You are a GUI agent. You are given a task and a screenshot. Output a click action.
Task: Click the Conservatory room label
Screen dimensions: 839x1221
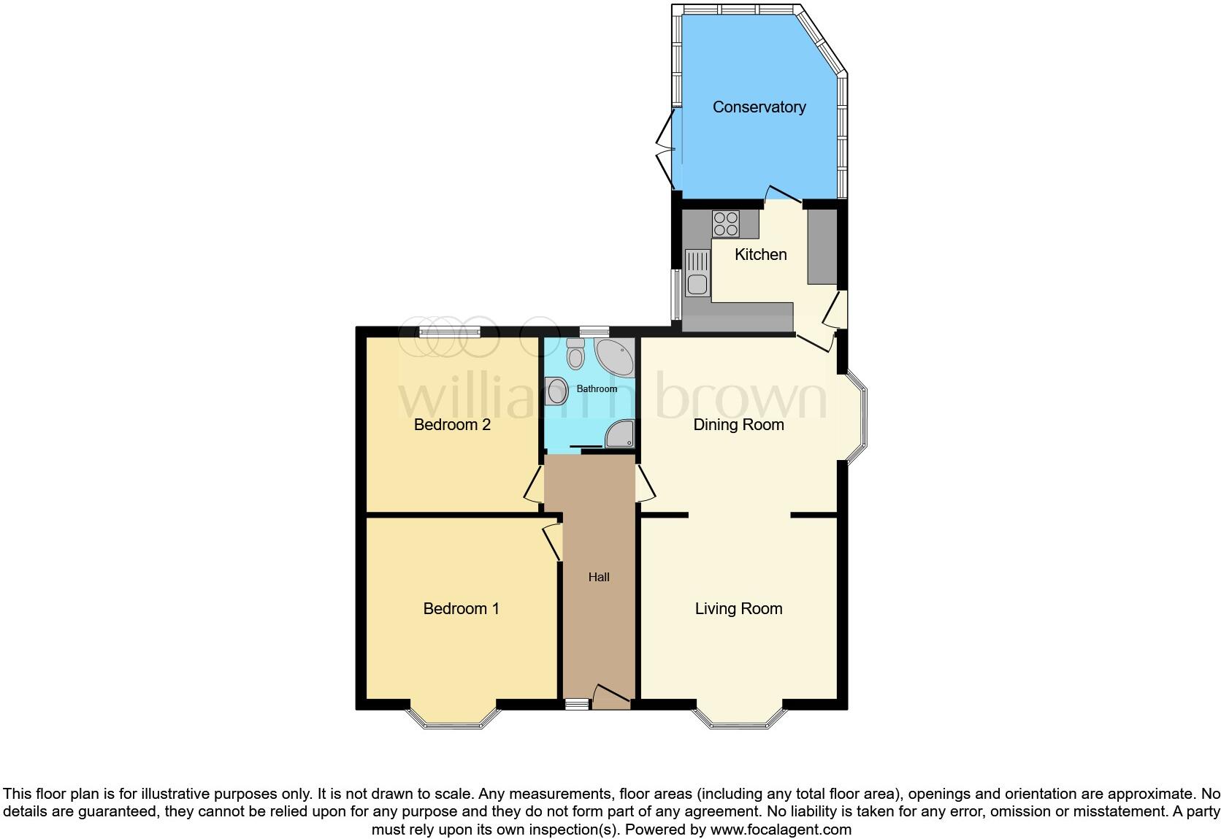coord(759,107)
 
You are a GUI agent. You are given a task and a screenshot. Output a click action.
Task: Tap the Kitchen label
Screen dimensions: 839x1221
coord(760,255)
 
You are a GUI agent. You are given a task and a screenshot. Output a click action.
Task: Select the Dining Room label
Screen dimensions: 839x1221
coord(738,425)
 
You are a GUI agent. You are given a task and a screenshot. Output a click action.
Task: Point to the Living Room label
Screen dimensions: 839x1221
coord(738,609)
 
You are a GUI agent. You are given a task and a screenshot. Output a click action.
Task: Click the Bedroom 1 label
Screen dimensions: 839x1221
coord(461,609)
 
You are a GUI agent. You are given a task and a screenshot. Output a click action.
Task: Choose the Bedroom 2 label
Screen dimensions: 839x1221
coord(452,425)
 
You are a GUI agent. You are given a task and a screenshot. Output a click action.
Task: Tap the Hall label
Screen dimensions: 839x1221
coord(599,578)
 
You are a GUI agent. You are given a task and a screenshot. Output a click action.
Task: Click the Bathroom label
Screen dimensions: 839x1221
coord(597,389)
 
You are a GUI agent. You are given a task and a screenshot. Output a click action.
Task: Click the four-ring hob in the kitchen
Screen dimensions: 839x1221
coord(726,223)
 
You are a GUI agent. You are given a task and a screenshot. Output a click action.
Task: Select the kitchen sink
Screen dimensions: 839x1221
coord(697,273)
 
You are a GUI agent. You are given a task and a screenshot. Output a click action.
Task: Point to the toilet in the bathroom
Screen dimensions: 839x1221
coord(575,354)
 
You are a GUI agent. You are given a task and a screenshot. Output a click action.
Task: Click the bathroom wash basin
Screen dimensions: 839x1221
coord(556,391)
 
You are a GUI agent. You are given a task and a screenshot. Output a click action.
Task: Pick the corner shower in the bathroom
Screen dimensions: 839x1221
coord(621,434)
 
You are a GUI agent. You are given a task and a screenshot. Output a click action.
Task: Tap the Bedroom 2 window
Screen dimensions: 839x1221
coord(450,332)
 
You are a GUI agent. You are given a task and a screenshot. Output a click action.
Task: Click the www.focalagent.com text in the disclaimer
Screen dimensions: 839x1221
coord(781,830)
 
